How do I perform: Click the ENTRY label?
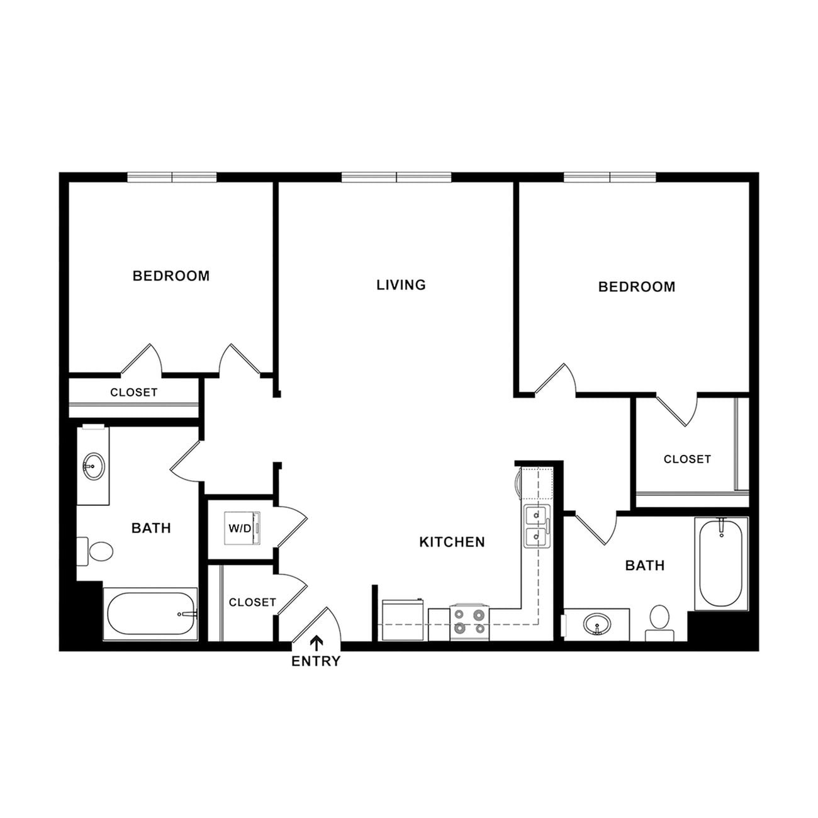pyautogui.click(x=315, y=661)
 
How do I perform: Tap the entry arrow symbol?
pyautogui.click(x=316, y=642)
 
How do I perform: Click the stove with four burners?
pyautogui.click(x=469, y=622)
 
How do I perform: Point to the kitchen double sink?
pyautogui.click(x=537, y=526)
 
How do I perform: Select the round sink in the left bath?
pyautogui.click(x=93, y=466)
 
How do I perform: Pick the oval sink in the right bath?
pyautogui.click(x=596, y=625)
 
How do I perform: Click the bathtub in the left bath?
pyautogui.click(x=150, y=614)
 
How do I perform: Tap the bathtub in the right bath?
pyautogui.click(x=721, y=563)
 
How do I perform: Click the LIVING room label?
pyautogui.click(x=401, y=285)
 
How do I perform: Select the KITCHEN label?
pyautogui.click(x=452, y=542)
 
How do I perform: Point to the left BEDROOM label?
pyautogui.click(x=171, y=276)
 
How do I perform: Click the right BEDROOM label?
pyautogui.click(x=636, y=287)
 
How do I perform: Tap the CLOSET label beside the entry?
pyautogui.click(x=252, y=602)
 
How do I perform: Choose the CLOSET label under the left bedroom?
pyautogui.click(x=133, y=393)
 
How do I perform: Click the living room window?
pyautogui.click(x=396, y=177)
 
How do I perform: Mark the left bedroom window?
pyautogui.click(x=172, y=177)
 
